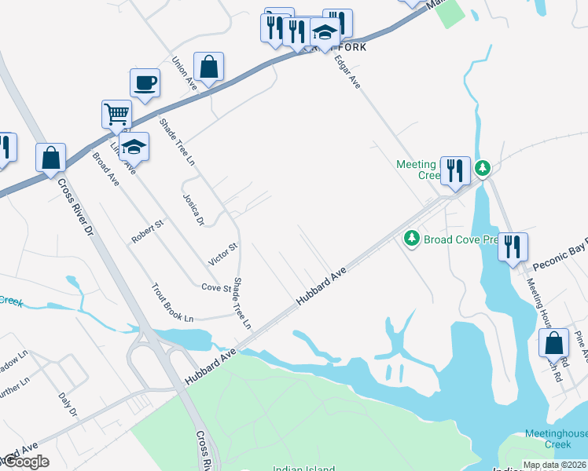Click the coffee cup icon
(x=145, y=82)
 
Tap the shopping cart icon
(x=116, y=114)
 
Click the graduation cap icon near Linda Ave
(x=134, y=147)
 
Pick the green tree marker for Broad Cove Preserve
(x=410, y=237)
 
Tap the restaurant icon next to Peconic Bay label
(x=513, y=247)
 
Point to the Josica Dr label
(x=193, y=210)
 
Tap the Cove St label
(x=215, y=288)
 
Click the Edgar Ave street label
(x=347, y=71)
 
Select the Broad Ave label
(x=105, y=168)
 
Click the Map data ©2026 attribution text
(x=555, y=465)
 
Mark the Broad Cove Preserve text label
(x=461, y=239)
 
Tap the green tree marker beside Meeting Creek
(x=483, y=167)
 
